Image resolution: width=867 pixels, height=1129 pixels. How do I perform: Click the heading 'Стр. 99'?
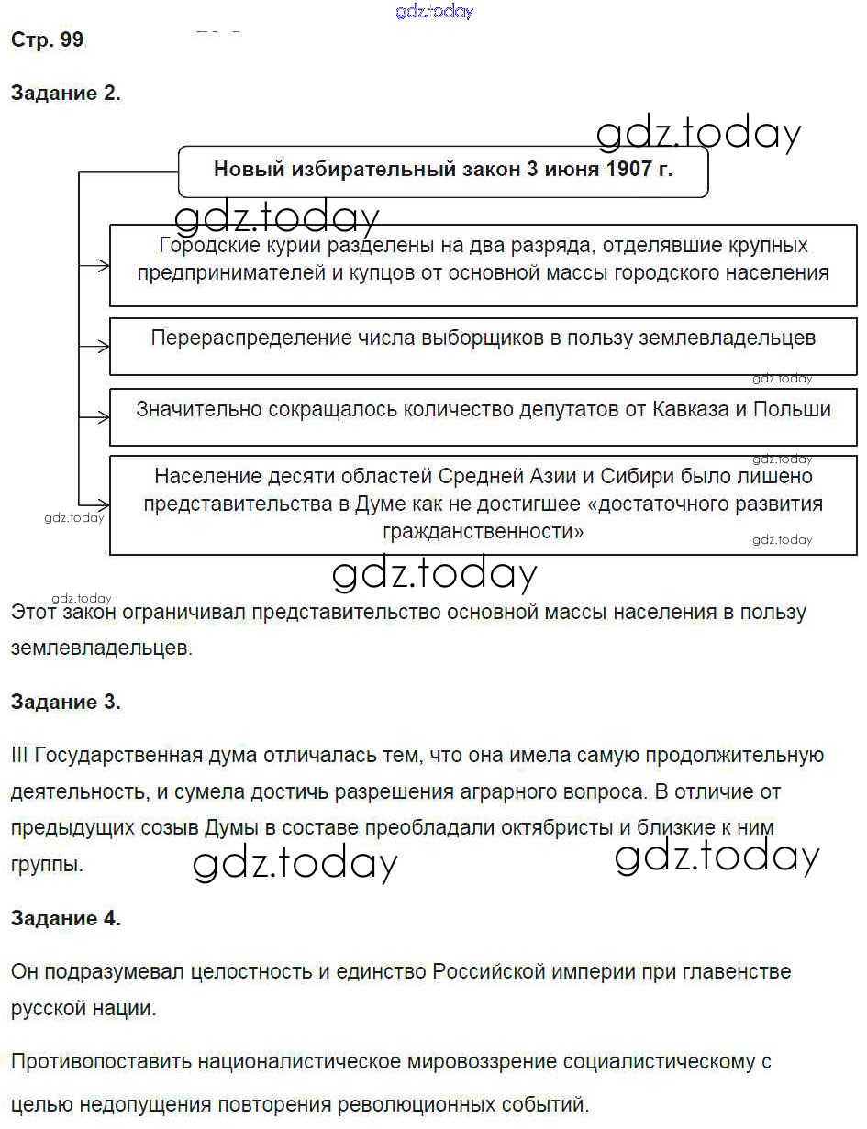(47, 39)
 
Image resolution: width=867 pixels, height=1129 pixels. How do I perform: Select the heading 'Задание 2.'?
(65, 93)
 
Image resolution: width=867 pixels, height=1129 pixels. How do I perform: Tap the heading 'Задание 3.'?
(65, 703)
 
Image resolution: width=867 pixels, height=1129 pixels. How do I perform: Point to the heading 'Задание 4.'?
(65, 918)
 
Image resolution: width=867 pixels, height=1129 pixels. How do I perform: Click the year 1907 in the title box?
(631, 169)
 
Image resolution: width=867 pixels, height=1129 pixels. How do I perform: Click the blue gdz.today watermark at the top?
(435, 11)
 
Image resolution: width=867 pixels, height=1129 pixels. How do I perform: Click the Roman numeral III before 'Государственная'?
(18, 756)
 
